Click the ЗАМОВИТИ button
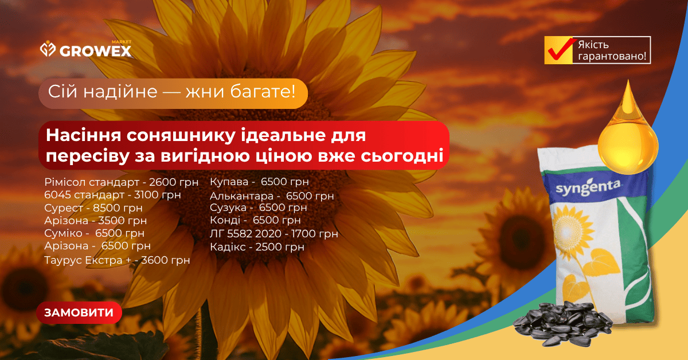(79, 312)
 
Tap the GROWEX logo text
(96, 51)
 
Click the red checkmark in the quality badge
(561, 49)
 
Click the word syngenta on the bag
(588, 188)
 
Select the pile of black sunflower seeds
(562, 323)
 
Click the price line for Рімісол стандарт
(122, 182)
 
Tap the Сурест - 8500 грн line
(93, 208)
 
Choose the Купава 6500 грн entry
(259, 182)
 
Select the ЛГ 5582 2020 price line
(274, 234)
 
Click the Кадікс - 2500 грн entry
(257, 247)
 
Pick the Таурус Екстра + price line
(117, 260)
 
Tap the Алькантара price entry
(272, 196)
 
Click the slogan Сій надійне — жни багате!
(171, 92)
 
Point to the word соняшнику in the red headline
(181, 135)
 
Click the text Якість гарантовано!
(612, 50)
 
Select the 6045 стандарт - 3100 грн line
(112, 195)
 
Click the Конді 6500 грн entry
(255, 220)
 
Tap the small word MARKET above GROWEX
(122, 42)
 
